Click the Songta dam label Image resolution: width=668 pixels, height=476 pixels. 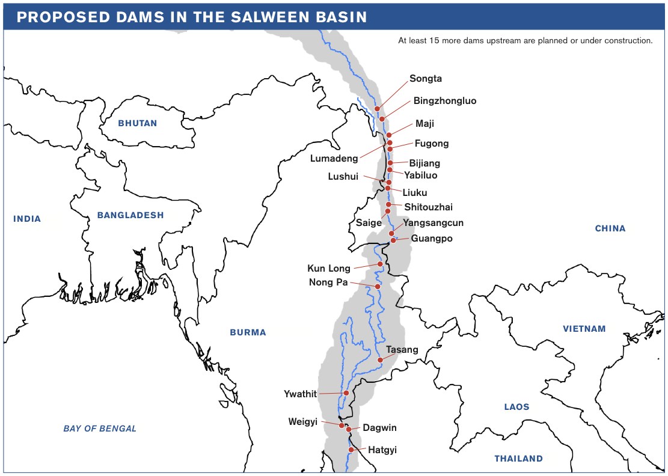pyautogui.click(x=426, y=79)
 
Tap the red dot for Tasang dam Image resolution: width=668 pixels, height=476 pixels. pyautogui.click(x=380, y=360)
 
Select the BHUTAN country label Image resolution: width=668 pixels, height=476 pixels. pyautogui.click(x=137, y=123)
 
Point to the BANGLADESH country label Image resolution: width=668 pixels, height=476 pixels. pyautogui.click(x=130, y=215)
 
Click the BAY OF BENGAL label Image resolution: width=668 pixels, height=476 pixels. pyautogui.click(x=100, y=429)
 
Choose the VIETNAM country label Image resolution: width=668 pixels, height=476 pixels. pyautogui.click(x=584, y=329)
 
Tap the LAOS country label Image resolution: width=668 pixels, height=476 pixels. pyautogui.click(x=516, y=407)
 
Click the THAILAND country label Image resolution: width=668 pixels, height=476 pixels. pyautogui.click(x=518, y=459)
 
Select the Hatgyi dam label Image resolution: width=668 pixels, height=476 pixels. pyautogui.click(x=382, y=450)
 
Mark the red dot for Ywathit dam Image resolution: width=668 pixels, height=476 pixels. pyautogui.click(x=346, y=393)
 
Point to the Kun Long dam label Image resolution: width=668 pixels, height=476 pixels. pyautogui.click(x=329, y=269)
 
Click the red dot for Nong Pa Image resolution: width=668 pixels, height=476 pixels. pyautogui.click(x=378, y=287)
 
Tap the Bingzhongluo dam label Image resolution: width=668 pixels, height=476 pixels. pyautogui.click(x=444, y=101)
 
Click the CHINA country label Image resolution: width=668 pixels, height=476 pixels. pyautogui.click(x=610, y=228)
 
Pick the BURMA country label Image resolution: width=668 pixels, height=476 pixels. pyautogui.click(x=248, y=332)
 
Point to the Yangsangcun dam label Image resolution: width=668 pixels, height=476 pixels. pyautogui.click(x=433, y=223)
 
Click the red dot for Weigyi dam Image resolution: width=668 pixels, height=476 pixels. pyautogui.click(x=342, y=426)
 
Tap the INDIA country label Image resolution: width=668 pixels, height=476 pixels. pyautogui.click(x=27, y=219)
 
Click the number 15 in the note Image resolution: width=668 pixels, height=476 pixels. pyautogui.click(x=443, y=41)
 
